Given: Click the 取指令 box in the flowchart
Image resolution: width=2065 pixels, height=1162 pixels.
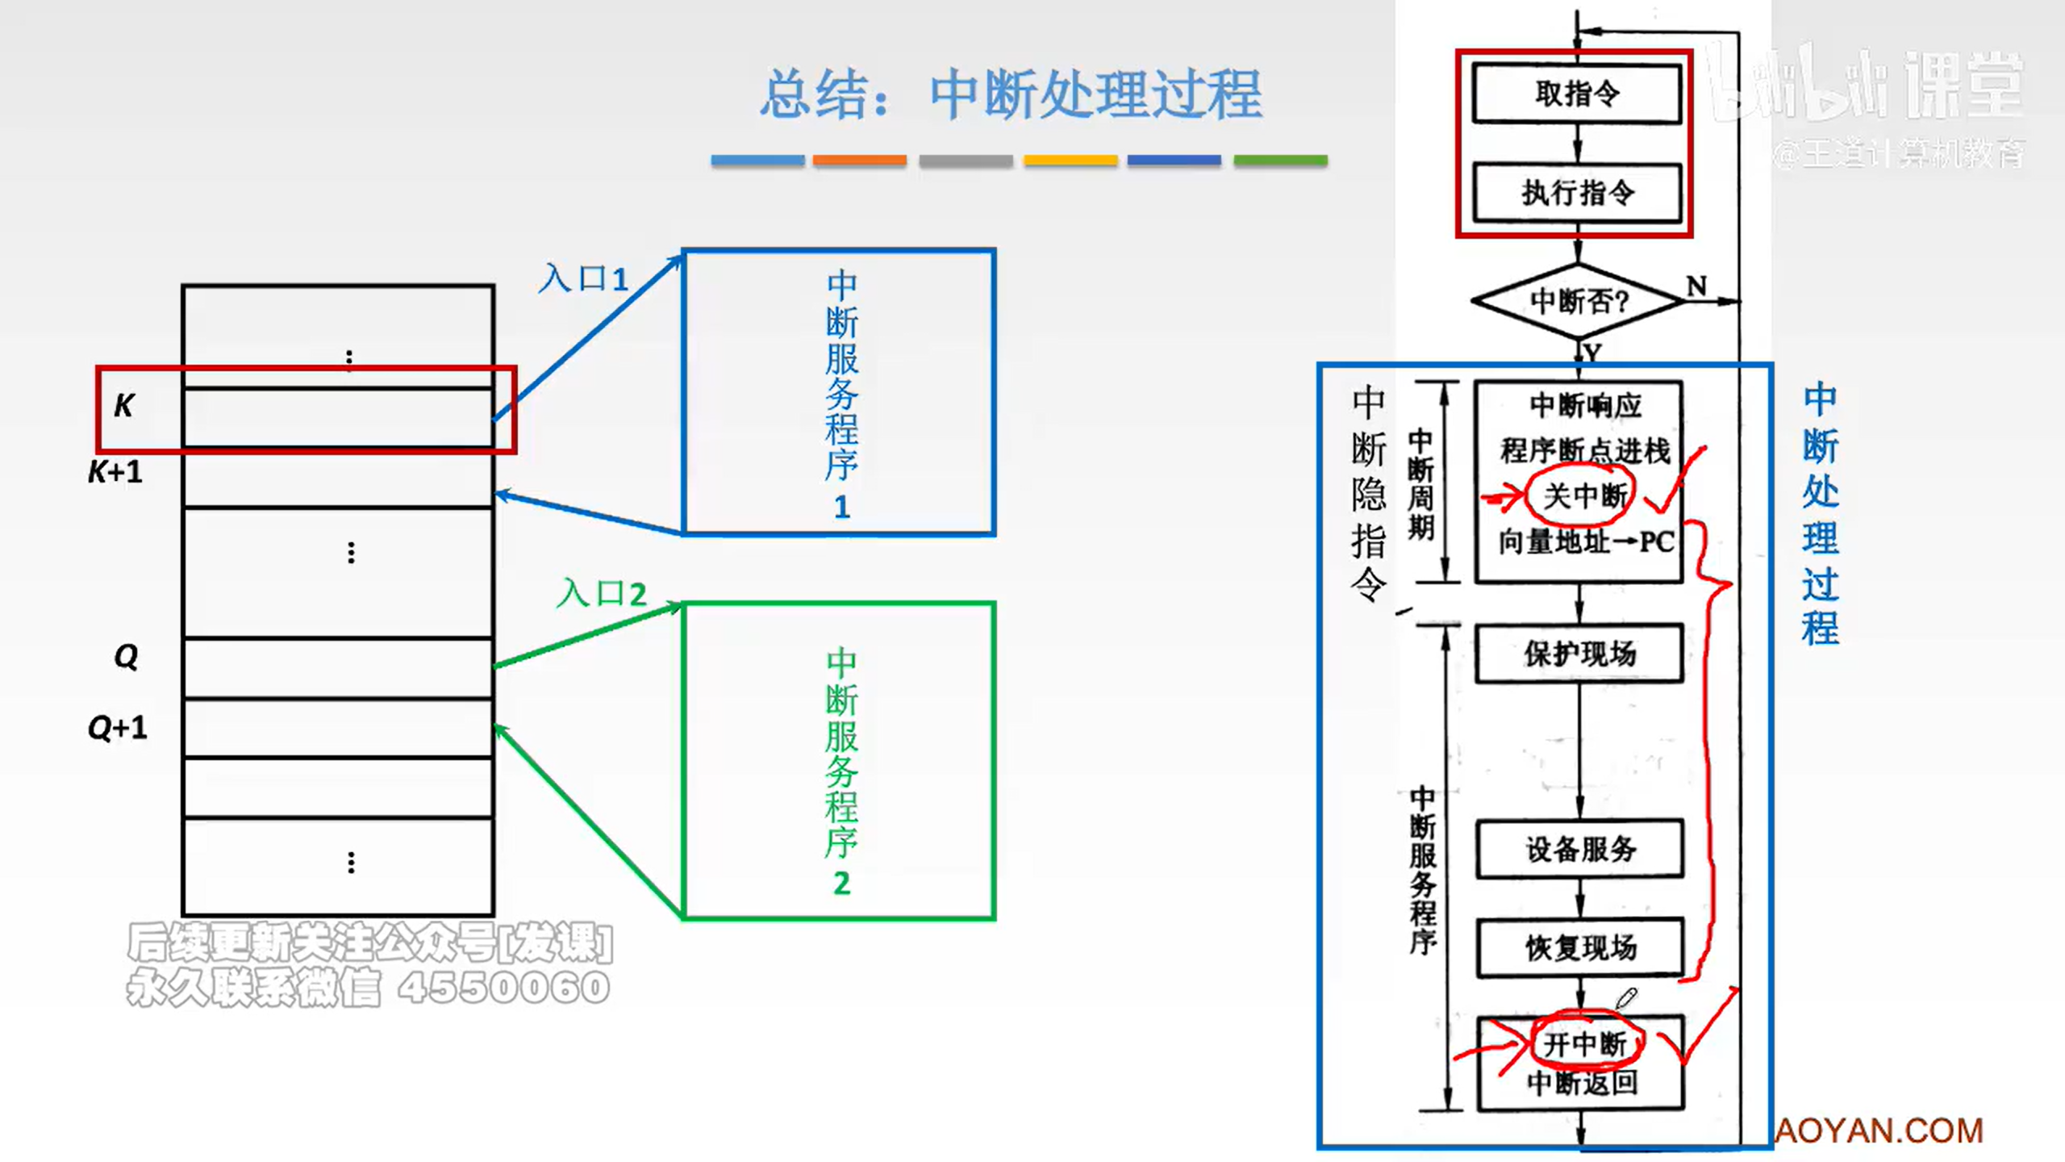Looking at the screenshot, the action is (1577, 94).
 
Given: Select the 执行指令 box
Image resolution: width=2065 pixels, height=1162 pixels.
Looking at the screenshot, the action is (1577, 193).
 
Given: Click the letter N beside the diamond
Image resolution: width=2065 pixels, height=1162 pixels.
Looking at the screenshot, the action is (1696, 286).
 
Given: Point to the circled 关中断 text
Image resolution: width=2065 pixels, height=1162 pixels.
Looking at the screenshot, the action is (1583, 495).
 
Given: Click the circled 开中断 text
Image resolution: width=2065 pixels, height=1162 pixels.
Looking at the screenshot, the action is (1585, 1044).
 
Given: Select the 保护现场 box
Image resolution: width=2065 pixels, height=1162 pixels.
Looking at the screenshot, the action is (1579, 654).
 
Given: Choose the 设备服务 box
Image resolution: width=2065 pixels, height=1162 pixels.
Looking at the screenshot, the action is (1579, 849).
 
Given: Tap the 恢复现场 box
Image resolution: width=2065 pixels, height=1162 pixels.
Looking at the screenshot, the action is (1579, 947).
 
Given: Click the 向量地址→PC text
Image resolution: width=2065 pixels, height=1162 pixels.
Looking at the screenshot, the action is (1586, 541).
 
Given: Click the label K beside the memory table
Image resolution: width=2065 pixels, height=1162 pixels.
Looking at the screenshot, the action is (124, 405).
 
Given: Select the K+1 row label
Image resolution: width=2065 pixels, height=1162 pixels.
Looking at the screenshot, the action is (115, 471).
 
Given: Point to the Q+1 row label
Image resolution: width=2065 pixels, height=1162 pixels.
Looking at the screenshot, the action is (118, 728).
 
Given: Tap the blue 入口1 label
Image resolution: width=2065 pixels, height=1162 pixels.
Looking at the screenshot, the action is (583, 279).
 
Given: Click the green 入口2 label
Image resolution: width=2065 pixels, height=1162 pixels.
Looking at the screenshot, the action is (602, 594).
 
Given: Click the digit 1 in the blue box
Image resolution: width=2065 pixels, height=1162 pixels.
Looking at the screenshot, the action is (841, 507).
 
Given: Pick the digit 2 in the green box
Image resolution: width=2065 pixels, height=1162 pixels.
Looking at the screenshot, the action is (841, 883).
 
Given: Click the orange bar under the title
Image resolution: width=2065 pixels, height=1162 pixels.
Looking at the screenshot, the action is (859, 161).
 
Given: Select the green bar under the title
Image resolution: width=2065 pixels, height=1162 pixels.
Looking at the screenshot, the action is (1280, 161).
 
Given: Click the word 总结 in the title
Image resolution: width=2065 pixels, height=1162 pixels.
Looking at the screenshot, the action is (816, 95).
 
